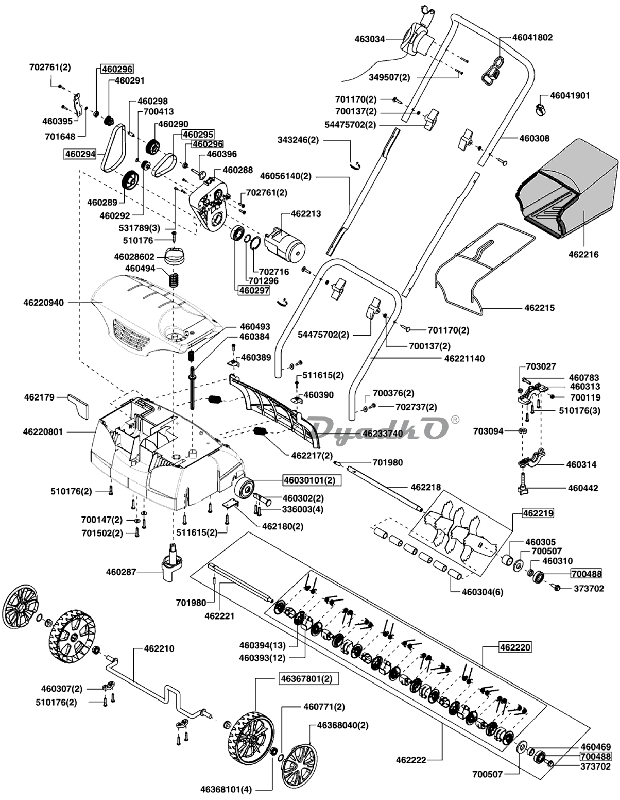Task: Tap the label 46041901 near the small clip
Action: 570,96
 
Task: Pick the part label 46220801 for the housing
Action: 43,431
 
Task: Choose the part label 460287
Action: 122,572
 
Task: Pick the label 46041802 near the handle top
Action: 532,37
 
